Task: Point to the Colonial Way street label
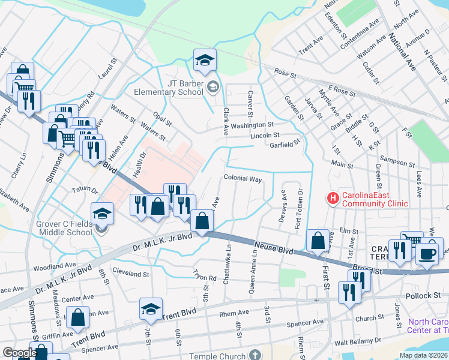click(x=243, y=179)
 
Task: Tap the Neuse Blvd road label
click(x=274, y=245)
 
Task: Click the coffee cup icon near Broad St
click(x=429, y=252)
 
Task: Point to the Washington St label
click(x=252, y=125)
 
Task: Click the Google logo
click(x=20, y=353)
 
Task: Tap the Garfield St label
click(x=284, y=145)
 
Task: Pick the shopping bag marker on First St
click(x=318, y=241)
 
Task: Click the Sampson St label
click(x=398, y=164)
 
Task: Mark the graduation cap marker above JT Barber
click(x=205, y=60)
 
